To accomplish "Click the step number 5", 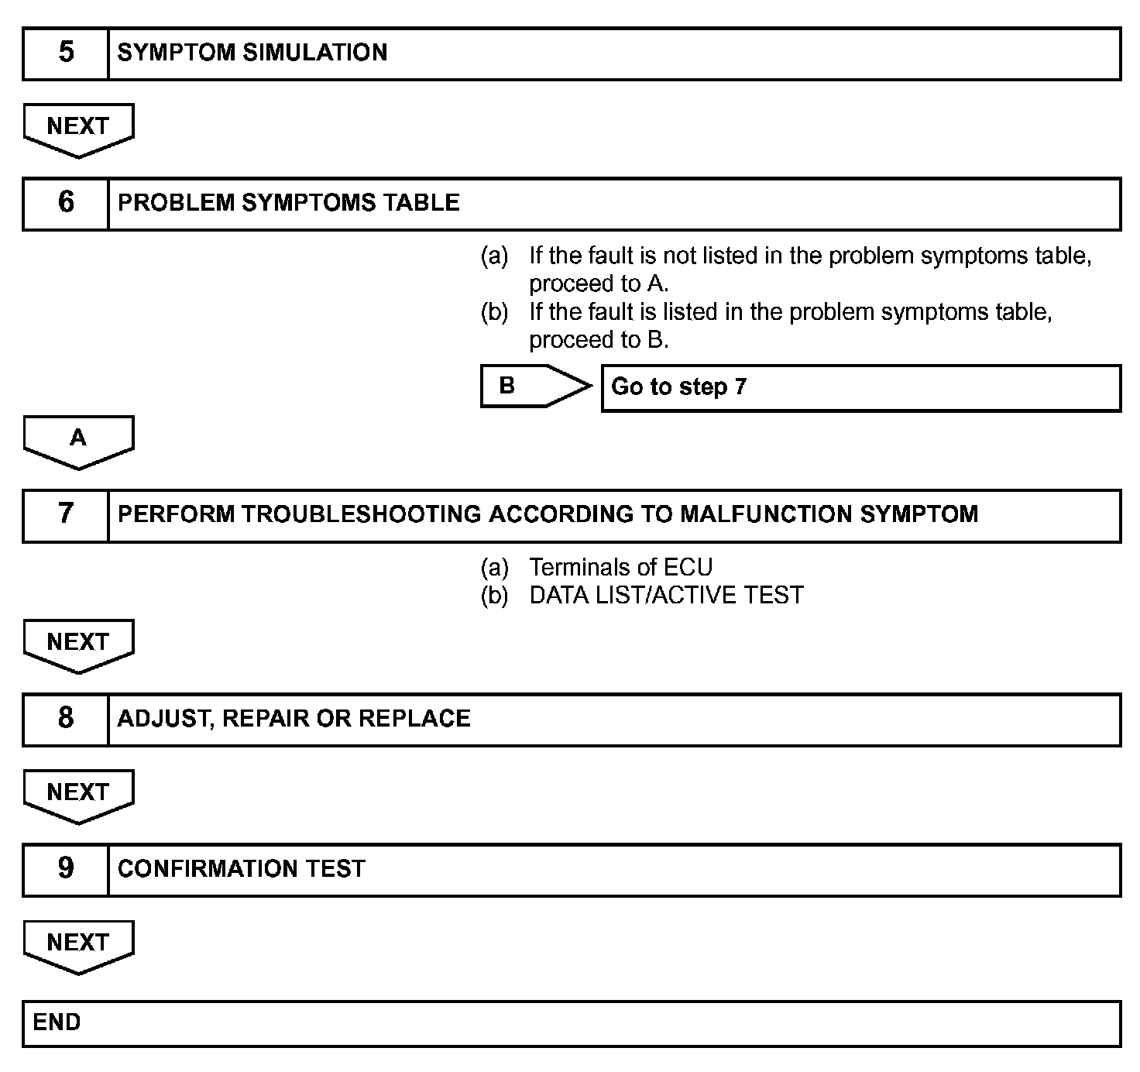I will [66, 53].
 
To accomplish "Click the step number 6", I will [66, 203].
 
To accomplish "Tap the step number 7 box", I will [66, 514].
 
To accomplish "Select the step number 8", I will [66, 719].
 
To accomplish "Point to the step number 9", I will [66, 869].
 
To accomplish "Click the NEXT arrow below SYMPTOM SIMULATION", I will [78, 129].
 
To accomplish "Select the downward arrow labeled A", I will [78, 441].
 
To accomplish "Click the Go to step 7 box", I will [860, 387].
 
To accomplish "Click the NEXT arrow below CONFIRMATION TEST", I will [78, 945].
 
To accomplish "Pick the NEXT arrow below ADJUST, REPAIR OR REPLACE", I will [78, 795].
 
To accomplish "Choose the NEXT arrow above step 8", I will [78, 644].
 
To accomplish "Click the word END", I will [57, 1022].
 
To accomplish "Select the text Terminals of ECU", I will [620, 568].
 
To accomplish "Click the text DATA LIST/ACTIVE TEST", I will [666, 596].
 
